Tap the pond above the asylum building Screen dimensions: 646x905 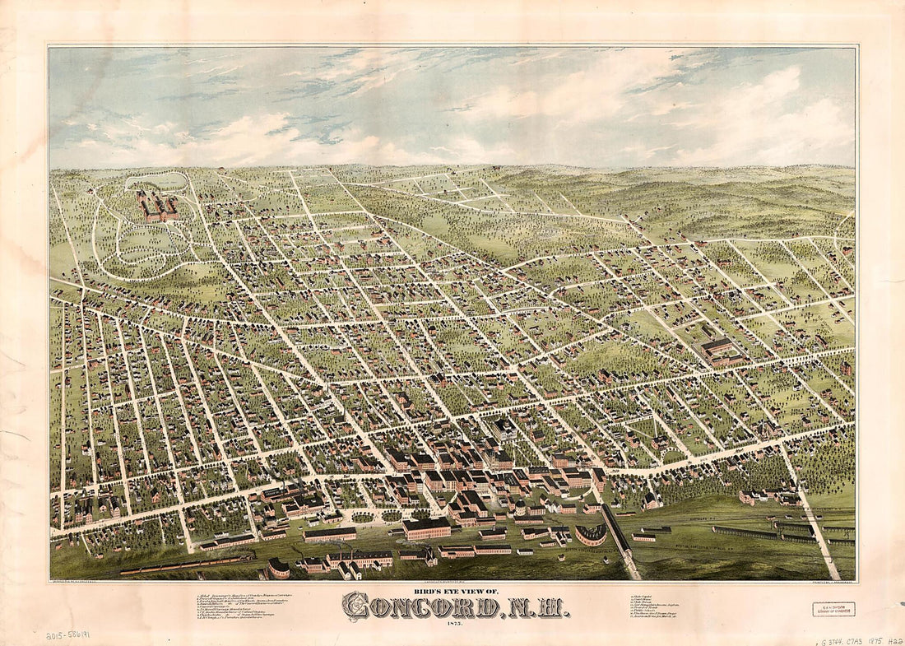pyautogui.click(x=165, y=179)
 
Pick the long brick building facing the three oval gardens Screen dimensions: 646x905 pyautogui.click(x=329, y=534)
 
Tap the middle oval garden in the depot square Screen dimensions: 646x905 pyautogui.click(x=392, y=516)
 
